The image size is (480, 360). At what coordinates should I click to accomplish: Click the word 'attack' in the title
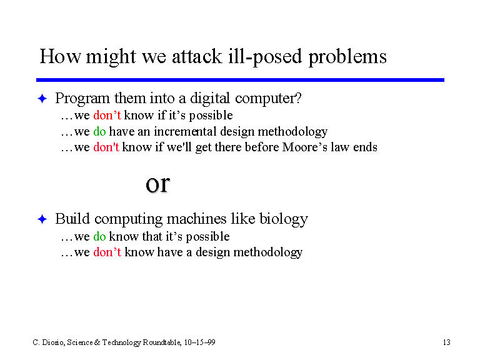[197, 57]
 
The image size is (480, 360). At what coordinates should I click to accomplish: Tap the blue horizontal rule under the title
[240, 80]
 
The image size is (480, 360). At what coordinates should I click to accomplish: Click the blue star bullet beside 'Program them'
[42, 99]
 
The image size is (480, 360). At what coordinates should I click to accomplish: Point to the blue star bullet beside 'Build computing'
[42, 219]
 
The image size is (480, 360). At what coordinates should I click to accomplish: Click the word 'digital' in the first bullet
[210, 99]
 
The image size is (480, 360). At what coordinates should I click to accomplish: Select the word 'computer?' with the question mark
[268, 99]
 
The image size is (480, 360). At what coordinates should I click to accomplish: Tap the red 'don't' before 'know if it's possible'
[107, 115]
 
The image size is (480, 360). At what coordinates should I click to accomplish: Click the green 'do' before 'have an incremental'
[99, 131]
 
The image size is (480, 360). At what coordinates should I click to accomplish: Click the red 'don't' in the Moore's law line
[106, 147]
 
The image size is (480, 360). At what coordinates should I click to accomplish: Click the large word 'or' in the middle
[157, 184]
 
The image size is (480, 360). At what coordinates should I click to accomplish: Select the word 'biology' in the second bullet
[284, 219]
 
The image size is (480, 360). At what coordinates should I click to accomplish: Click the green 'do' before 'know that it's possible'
[99, 236]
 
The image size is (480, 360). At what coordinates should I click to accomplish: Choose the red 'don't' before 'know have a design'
[107, 252]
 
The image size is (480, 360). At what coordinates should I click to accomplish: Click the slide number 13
[447, 342]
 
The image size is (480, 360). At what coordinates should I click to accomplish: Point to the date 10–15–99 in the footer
[199, 342]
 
